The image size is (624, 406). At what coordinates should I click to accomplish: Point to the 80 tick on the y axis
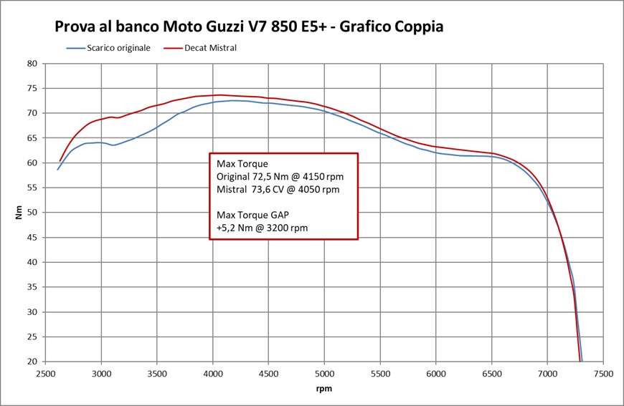tap(32, 63)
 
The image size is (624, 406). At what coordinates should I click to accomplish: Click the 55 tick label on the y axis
tap(32, 188)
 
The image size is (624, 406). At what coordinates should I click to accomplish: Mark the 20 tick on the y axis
tap(32, 362)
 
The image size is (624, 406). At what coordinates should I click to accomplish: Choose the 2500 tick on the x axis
tap(46, 374)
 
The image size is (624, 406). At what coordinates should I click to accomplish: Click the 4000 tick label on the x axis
tap(213, 374)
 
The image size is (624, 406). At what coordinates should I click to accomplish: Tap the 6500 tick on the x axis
tap(491, 374)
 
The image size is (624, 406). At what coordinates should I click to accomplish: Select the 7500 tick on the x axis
tap(602, 374)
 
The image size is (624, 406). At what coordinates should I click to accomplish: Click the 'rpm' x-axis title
tap(324, 389)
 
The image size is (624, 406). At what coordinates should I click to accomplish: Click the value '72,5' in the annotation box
tap(263, 177)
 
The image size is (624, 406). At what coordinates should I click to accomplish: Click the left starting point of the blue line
tap(58, 169)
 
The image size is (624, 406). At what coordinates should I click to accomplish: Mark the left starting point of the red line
tap(60, 161)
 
